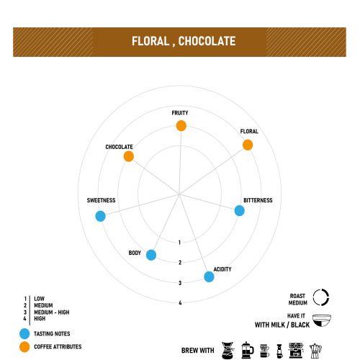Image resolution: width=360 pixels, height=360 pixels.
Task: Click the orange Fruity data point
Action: pos(181,126)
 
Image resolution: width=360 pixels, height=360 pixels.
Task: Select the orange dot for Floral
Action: pos(248,145)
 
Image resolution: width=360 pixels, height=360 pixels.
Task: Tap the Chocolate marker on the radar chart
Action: pos(129,156)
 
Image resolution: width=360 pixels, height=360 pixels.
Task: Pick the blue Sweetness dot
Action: pos(100,216)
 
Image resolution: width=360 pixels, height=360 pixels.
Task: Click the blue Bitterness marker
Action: pos(239,211)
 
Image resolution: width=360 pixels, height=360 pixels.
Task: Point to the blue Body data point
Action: pos(151,255)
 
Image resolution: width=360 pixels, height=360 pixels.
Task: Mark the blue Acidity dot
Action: pos(209,276)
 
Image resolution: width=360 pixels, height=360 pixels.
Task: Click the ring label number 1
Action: pos(179,243)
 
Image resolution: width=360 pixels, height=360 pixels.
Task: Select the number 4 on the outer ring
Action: pos(180,303)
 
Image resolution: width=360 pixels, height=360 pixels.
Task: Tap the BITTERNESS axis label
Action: pos(258,200)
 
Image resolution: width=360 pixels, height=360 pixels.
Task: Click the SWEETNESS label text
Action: pos(101,200)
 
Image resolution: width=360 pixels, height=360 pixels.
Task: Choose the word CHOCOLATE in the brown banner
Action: pos(207,41)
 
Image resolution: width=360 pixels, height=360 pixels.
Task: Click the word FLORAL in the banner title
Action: pos(150,41)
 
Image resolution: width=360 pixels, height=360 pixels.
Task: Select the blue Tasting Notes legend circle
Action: pos(24,333)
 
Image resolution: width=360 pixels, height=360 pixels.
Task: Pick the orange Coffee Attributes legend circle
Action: pos(24,347)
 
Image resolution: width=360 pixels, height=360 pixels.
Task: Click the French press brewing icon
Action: pos(247,350)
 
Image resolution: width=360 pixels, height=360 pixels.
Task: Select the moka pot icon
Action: pos(315,351)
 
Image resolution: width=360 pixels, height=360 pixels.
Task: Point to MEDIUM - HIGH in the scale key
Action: pos(52,312)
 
